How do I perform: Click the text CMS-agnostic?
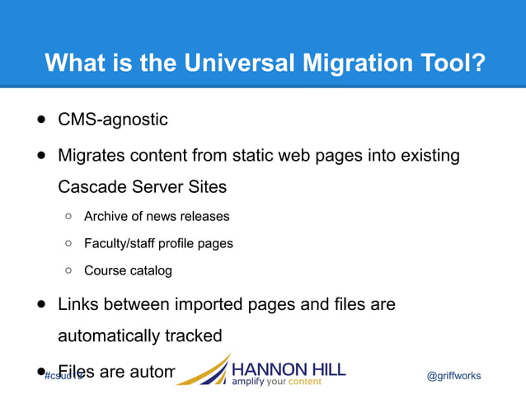click(112, 120)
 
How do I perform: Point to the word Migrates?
click(90, 155)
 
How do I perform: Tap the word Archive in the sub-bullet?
click(106, 217)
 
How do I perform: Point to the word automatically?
click(109, 336)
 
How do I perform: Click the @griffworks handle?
click(453, 376)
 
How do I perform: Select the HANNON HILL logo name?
click(289, 368)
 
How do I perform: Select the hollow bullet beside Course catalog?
click(68, 270)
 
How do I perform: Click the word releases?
click(206, 217)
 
